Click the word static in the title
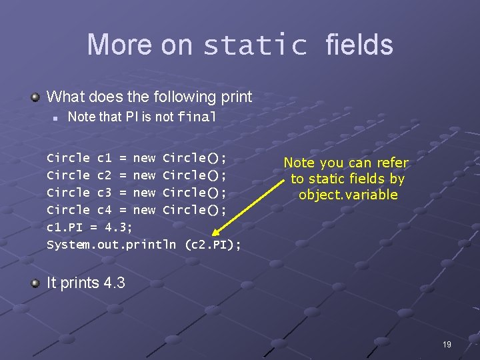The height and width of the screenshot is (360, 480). pyautogui.click(x=255, y=45)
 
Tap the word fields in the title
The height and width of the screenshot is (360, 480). pyautogui.click(x=359, y=45)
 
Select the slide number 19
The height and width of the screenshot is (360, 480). pyautogui.click(x=447, y=344)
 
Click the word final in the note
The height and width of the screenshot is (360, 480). pyautogui.click(x=197, y=117)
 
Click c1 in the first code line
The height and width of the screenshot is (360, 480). pyautogui.click(x=105, y=159)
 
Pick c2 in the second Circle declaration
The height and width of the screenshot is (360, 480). pyautogui.click(x=105, y=175)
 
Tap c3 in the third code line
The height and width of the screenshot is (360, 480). pyautogui.click(x=105, y=193)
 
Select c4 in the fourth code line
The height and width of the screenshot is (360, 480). pyautogui.click(x=105, y=210)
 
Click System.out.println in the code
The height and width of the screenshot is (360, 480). pyautogui.click(x=111, y=245)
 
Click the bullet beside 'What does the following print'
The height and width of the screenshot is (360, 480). pyautogui.click(x=36, y=97)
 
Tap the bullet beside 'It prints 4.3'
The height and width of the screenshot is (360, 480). pyautogui.click(x=36, y=283)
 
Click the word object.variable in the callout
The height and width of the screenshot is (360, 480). pyautogui.click(x=348, y=195)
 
